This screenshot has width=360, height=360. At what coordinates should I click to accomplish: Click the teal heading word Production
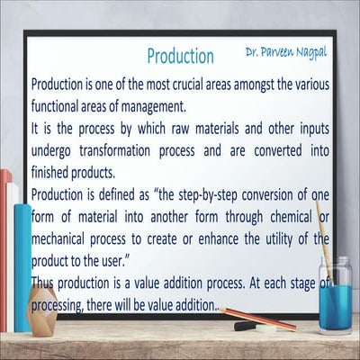pos(180,56)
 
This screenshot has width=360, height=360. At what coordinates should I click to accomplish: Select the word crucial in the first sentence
pos(190,85)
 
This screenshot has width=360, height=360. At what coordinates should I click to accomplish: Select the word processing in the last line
pos(65,306)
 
